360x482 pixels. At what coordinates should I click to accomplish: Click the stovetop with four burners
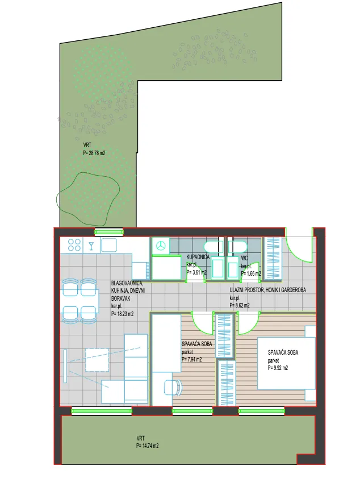pos(74,245)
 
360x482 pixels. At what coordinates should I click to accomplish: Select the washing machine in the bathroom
pos(161,246)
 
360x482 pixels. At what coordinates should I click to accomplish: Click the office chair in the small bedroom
pos(173,387)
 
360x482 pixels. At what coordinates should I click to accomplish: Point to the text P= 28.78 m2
pos(94,153)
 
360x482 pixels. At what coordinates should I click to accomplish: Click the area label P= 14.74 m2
pos(148,446)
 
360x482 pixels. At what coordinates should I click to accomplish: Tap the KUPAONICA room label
pos(198,257)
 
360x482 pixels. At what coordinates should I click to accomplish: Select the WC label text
pos(244,258)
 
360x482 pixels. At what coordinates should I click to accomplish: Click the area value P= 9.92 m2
pos(278,368)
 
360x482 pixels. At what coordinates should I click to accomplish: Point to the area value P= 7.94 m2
pos(192,359)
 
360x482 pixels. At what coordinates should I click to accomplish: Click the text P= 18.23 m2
pos(122,314)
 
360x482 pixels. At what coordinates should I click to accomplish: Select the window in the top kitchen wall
pos(108,232)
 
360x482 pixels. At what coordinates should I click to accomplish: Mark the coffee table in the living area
pos(97,360)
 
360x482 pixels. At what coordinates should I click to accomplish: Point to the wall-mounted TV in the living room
pos(65,366)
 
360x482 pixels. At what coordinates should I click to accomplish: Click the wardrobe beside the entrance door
pos(273,259)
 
